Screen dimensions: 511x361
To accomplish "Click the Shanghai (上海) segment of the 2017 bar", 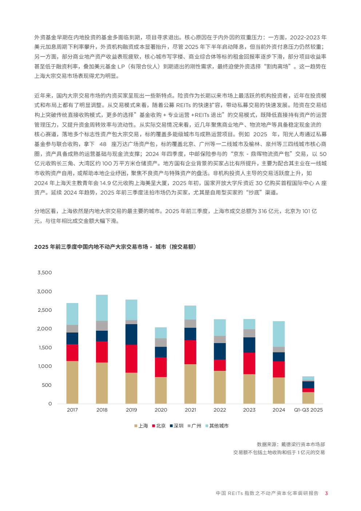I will click(x=72, y=382).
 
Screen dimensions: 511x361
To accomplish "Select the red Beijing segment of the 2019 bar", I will click(x=131, y=358).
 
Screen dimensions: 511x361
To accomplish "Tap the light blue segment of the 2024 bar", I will click(x=279, y=334).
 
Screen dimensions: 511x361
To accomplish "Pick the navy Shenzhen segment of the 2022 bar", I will click(x=219, y=351).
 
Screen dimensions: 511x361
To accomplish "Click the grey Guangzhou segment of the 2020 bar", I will click(x=160, y=342).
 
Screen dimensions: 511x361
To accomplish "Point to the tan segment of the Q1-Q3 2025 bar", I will click(x=308, y=398).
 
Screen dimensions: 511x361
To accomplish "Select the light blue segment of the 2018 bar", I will click(x=102, y=307).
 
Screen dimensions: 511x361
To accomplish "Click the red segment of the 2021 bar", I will click(x=190, y=352).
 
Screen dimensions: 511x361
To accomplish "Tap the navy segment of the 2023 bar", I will click(x=249, y=345).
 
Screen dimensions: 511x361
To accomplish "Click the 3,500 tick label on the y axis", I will click(x=45, y=272).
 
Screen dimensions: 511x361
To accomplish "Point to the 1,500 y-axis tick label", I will click(x=45, y=347).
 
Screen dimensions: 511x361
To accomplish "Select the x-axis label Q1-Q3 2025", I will click(x=308, y=410).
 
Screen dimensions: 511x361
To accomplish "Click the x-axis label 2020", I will click(x=160, y=410).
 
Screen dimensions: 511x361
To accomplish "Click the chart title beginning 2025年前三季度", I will click(x=115, y=247).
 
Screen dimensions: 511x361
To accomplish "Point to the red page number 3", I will click(x=326, y=493).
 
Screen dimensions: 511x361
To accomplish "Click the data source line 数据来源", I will click(x=290, y=444).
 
